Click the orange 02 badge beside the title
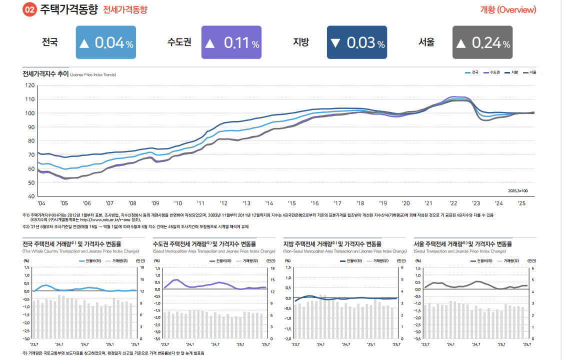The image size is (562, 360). coord(30,10)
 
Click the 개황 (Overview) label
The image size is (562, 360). coord(508,10)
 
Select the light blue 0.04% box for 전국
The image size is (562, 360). coord(106,42)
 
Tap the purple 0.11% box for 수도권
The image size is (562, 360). coord(231,42)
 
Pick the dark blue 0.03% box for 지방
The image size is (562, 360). coord(357,42)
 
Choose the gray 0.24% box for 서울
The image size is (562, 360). coord(482,42)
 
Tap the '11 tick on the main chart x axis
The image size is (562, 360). coord(200,203)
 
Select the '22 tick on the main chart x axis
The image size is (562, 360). coord(453,203)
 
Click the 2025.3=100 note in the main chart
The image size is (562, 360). coord(517,190)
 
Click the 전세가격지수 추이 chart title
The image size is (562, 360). coord(45,74)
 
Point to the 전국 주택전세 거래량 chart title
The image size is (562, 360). coord(71,244)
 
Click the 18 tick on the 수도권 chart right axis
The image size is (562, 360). coord(272,268)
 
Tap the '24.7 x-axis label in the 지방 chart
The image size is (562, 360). coord(345,344)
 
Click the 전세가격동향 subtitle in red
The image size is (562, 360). coord(125,10)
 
